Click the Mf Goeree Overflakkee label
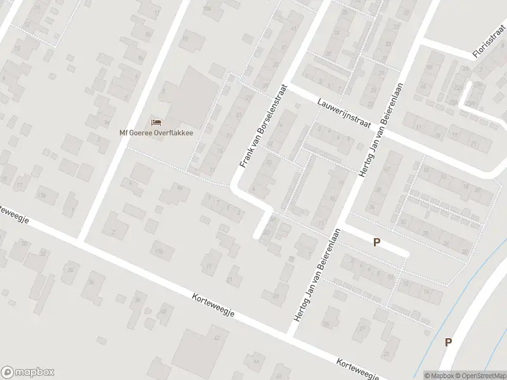157,133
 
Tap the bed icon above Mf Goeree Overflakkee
157,122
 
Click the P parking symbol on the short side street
376,242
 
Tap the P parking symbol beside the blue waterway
448,342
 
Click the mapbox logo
28,372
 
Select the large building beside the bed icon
190,95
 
